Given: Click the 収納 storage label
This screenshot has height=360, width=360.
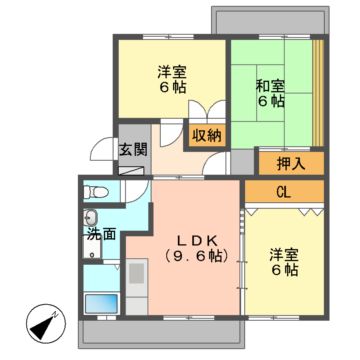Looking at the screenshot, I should click(207, 133).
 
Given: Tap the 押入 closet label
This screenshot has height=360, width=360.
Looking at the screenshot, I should click(278, 161).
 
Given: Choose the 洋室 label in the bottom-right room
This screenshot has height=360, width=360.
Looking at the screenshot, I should click(283, 255).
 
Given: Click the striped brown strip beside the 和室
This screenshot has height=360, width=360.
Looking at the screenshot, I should click(317, 90).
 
